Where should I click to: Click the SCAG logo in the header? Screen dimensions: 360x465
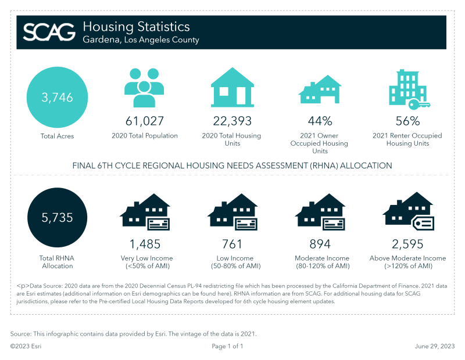tap(49, 31)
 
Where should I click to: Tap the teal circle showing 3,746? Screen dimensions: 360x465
tap(57, 98)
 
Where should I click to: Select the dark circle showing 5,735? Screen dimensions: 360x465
tap(57, 218)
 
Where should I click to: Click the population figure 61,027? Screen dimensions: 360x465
tap(145, 121)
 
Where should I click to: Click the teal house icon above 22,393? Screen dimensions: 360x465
tap(232, 87)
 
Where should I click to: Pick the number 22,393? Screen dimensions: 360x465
tap(232, 121)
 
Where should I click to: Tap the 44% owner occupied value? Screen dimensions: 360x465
tap(320, 121)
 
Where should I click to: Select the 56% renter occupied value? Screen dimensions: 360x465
tap(407, 121)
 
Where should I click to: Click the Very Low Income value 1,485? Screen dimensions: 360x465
tap(145, 244)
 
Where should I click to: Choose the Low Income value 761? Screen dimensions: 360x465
tap(232, 244)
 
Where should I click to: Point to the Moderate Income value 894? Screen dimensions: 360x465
tap(320, 244)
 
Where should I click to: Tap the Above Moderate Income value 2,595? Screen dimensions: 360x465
tap(407, 244)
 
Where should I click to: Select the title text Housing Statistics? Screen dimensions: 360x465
tap(136, 27)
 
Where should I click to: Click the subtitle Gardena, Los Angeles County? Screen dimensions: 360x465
tap(141, 40)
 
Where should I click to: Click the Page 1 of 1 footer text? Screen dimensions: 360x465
tap(227, 346)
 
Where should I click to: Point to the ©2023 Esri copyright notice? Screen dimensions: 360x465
tap(26, 346)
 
